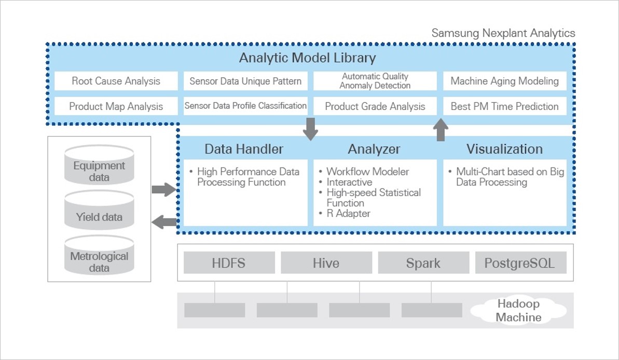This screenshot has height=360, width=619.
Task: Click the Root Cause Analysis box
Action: pos(116,81)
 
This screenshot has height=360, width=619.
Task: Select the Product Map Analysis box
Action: pos(116,106)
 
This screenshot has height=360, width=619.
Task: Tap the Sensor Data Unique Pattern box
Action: pos(245,81)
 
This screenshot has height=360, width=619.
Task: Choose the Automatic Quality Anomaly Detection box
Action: pos(375,81)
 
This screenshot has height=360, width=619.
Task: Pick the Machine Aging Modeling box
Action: pos(504,81)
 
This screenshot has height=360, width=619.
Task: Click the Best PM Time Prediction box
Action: pos(504,106)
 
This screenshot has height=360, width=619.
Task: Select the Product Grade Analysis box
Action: pos(375,106)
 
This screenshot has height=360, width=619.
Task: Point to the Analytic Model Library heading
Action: pos(307,58)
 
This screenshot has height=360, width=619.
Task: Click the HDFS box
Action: pos(228,263)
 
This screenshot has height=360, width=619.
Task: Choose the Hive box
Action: pos(326,263)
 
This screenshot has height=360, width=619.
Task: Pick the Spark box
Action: pos(423,263)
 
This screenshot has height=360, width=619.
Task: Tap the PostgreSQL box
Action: pos(519,263)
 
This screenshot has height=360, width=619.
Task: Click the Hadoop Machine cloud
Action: pos(518,310)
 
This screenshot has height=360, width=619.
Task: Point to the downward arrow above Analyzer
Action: pos(310,129)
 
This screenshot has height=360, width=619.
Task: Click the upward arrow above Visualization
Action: pos(441,130)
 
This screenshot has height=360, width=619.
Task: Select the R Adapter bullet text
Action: pos(348,213)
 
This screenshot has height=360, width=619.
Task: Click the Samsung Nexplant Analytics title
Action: pos(503,33)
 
